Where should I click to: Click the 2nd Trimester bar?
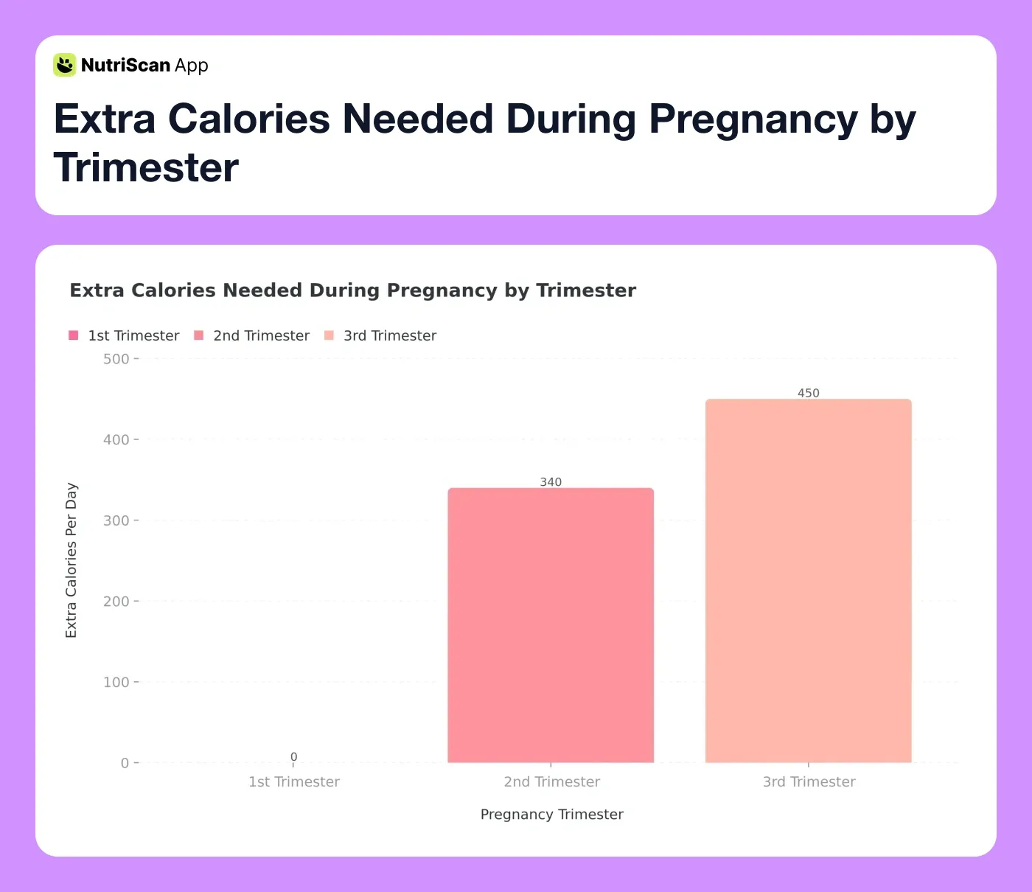click(x=551, y=625)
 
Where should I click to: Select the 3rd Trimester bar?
click(x=809, y=581)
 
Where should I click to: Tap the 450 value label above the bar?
click(x=809, y=393)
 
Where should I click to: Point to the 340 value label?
click(x=551, y=482)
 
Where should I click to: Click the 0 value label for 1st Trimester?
click(x=293, y=757)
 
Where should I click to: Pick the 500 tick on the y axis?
click(x=116, y=359)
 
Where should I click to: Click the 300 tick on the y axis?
click(x=116, y=520)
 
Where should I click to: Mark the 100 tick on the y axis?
click(x=116, y=682)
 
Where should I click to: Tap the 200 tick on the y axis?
click(x=116, y=602)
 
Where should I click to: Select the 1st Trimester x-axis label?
click(x=294, y=781)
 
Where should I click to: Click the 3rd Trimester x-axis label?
click(x=809, y=781)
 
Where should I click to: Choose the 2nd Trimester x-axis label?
click(x=551, y=781)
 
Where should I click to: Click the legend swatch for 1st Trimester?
click(x=74, y=335)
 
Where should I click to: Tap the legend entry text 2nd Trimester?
click(x=261, y=335)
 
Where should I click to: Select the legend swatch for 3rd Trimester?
click(x=329, y=335)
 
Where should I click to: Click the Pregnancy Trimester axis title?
click(x=551, y=814)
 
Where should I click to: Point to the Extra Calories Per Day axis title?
click(x=72, y=560)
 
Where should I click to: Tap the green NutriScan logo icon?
click(x=65, y=65)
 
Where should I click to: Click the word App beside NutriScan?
click(x=192, y=66)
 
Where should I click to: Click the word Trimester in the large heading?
click(x=146, y=167)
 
